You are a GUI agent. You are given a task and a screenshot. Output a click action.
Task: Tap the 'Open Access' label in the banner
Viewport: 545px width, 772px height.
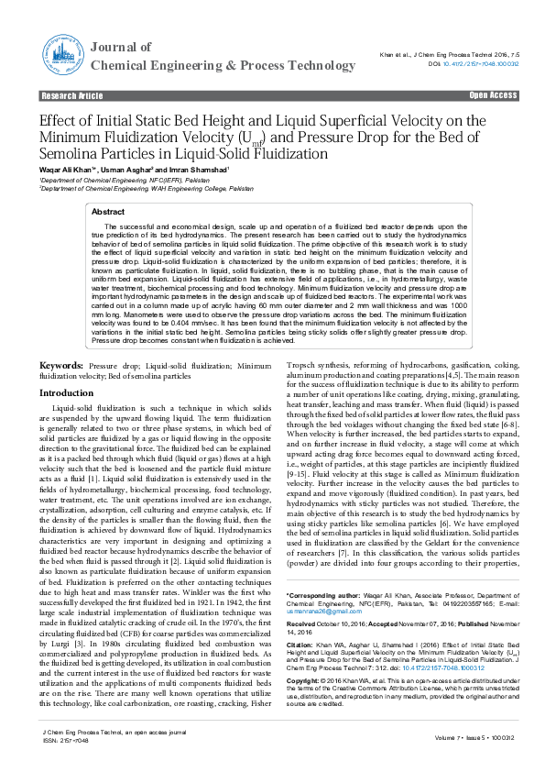[494, 95]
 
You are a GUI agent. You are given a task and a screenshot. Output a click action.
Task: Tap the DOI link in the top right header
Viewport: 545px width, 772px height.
[481, 64]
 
